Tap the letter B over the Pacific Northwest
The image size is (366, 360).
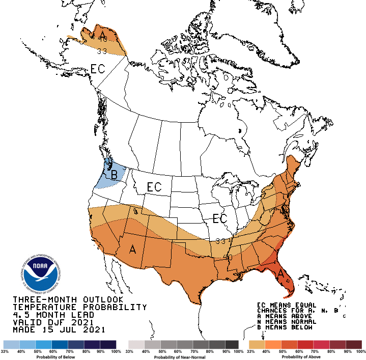[x=114, y=175]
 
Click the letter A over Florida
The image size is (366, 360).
[x=280, y=274]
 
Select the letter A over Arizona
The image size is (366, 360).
[x=133, y=249]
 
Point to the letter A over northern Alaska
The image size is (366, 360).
[x=103, y=35]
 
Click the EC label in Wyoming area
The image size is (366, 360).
[x=154, y=187]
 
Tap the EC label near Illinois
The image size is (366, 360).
[x=219, y=218]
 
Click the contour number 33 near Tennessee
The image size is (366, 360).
[x=220, y=241]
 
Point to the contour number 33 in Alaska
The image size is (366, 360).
[x=101, y=50]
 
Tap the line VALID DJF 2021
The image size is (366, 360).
[x=53, y=322]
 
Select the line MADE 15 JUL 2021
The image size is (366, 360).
[x=59, y=329]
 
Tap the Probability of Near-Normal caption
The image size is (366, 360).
[x=183, y=357]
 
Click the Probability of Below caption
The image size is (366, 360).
[x=59, y=357]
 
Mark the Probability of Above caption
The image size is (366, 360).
[x=305, y=357]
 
